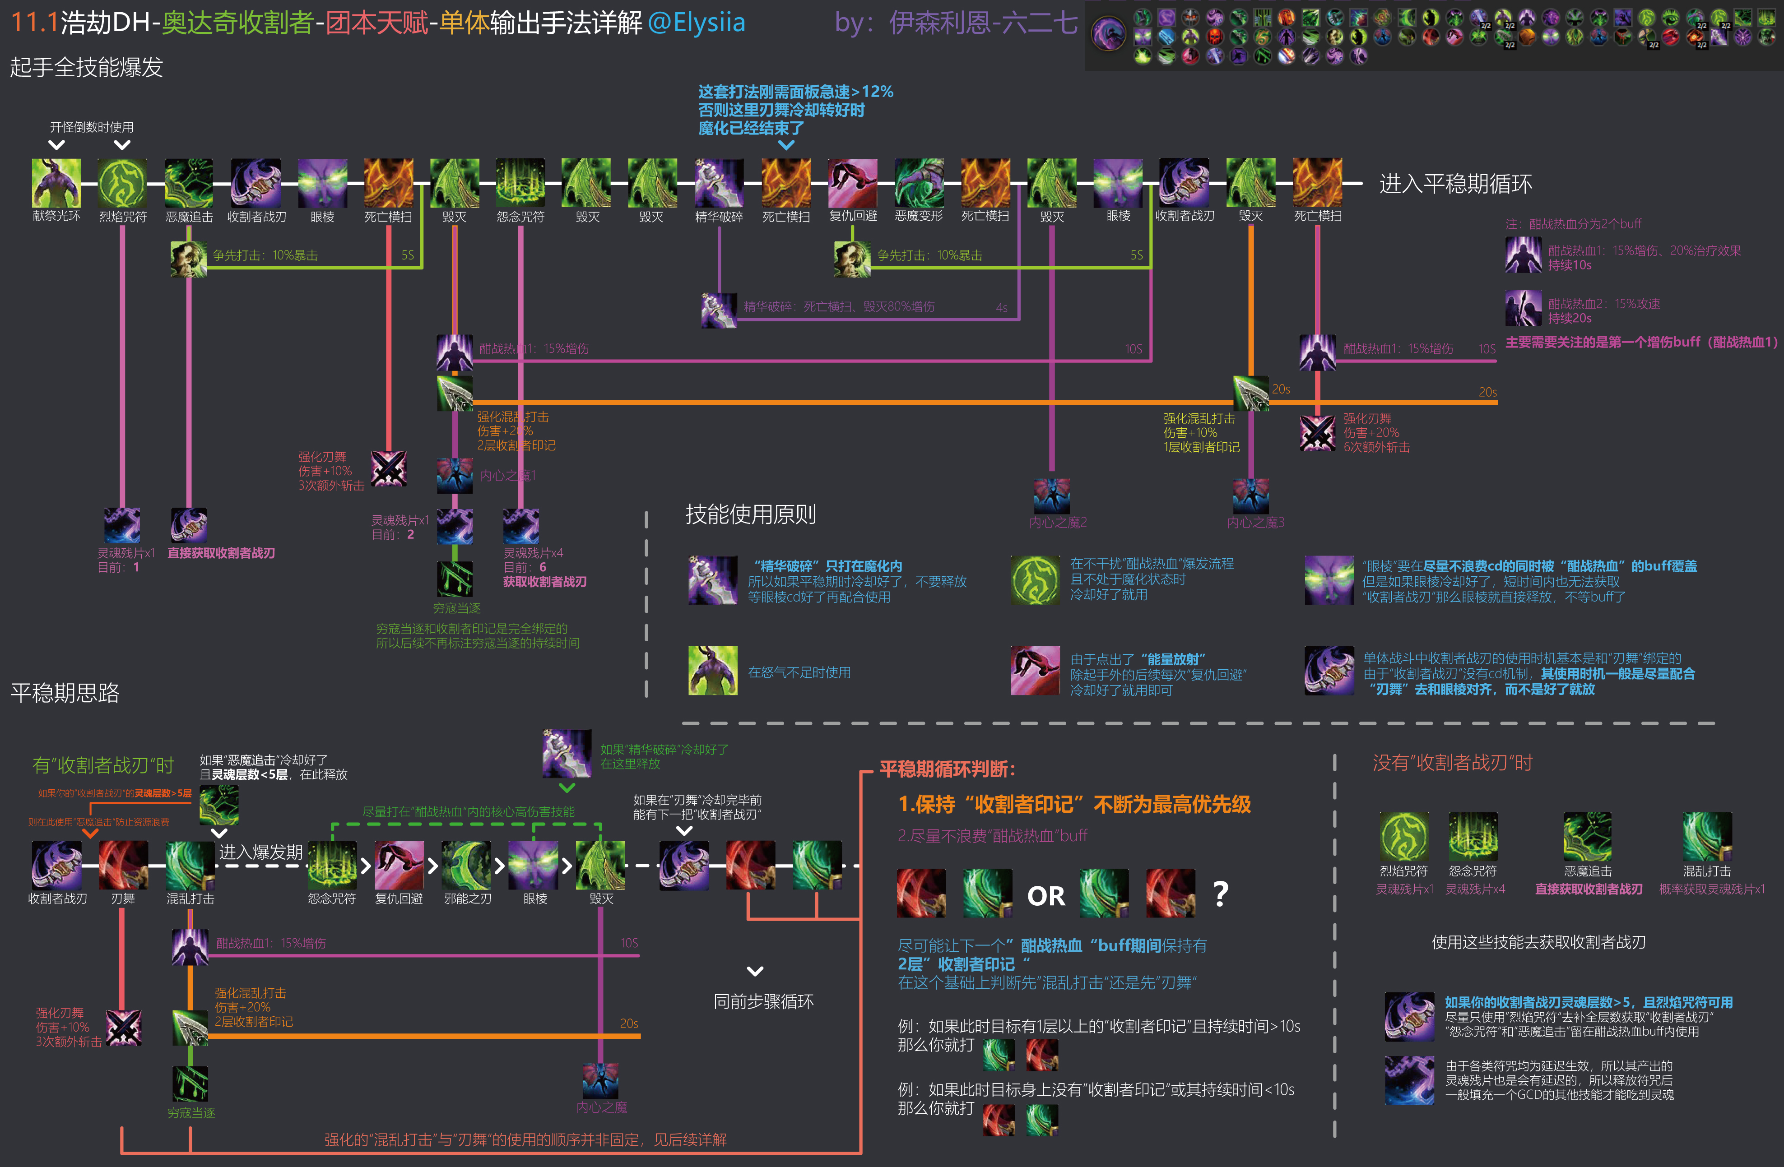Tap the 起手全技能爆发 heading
[86, 67]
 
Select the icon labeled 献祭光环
[56, 183]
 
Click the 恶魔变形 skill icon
[919, 183]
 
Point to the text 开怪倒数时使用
[92, 127]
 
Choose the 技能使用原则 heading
[750, 514]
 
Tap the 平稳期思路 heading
[65, 693]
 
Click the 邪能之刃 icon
[466, 865]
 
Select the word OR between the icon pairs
[1045, 896]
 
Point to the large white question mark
[1221, 894]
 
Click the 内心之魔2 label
[1058, 523]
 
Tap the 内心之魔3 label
[1255, 523]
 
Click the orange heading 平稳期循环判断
[948, 769]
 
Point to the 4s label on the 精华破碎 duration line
[1001, 307]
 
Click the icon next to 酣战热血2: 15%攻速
[1523, 308]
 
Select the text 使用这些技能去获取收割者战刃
[1539, 942]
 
